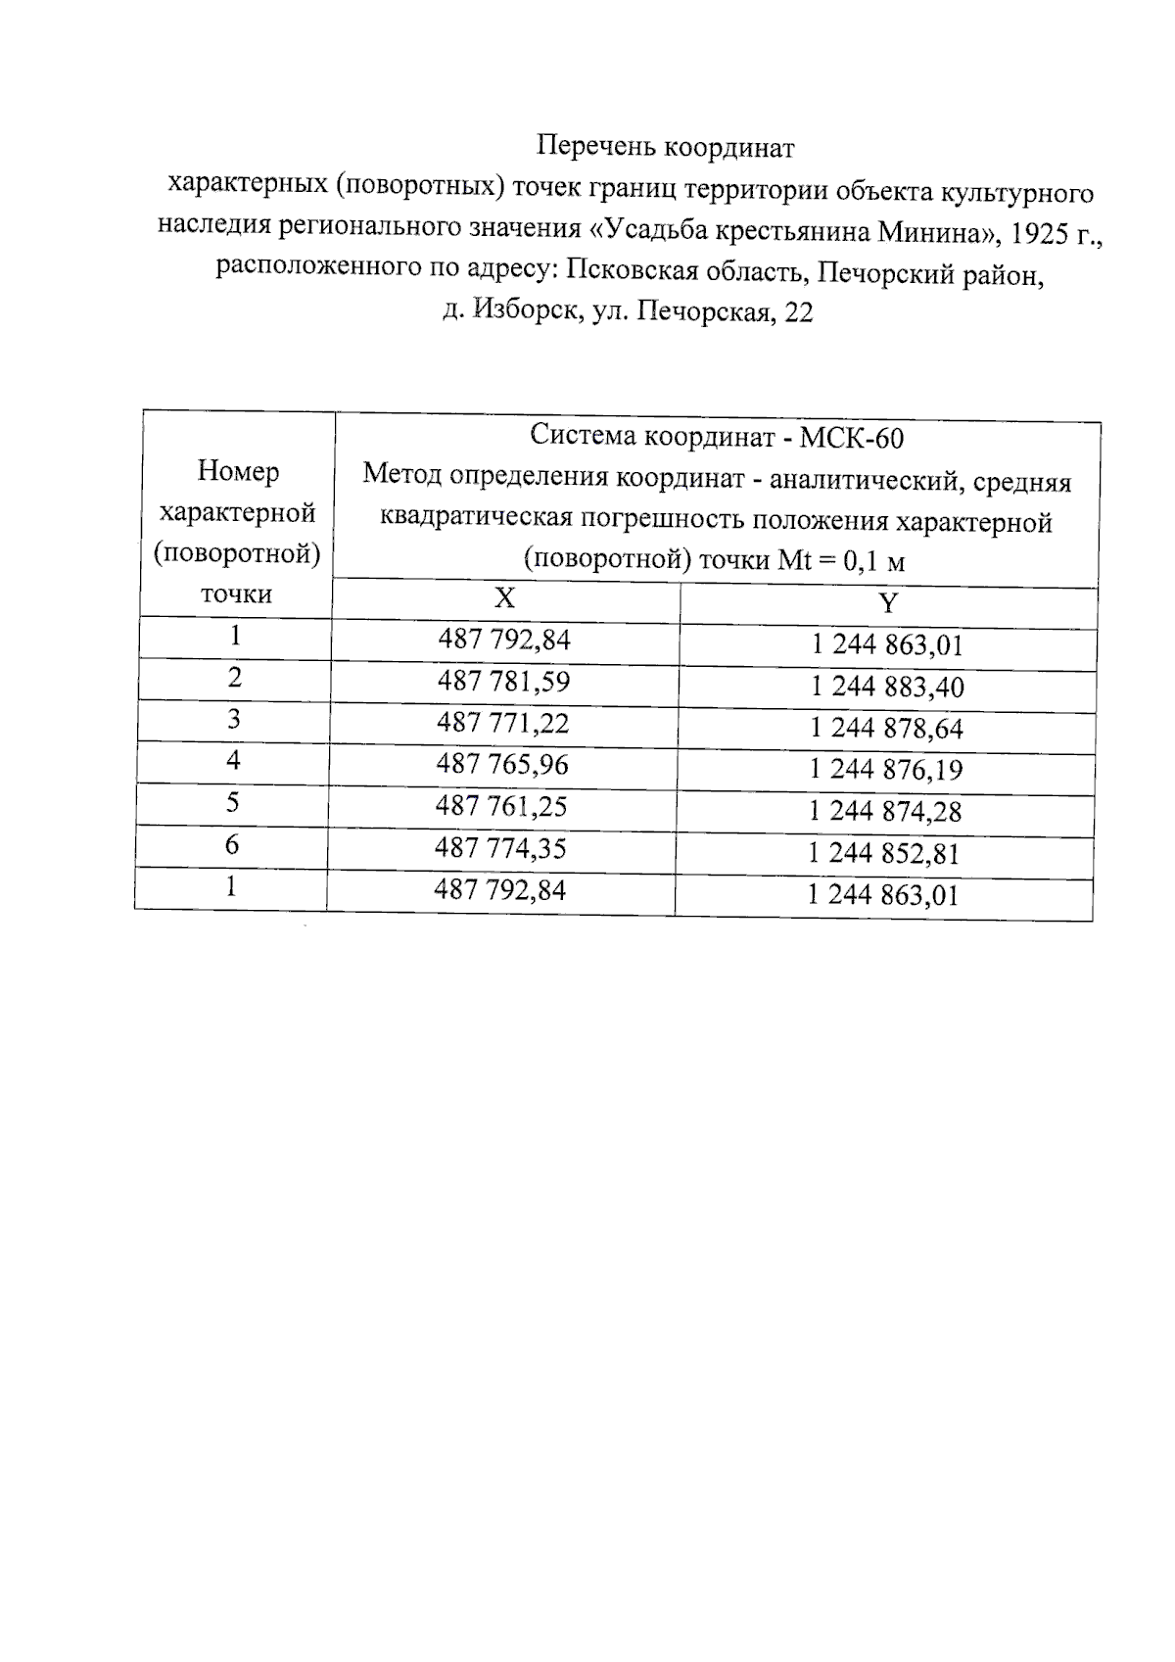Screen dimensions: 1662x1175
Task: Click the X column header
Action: coord(504,597)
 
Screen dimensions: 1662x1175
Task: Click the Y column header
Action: coord(887,603)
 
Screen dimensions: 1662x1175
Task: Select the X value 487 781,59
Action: coord(503,681)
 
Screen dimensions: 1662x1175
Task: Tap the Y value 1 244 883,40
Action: coord(887,687)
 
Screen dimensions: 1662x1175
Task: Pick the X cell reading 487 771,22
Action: coord(502,723)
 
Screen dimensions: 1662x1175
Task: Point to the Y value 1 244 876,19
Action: coord(886,770)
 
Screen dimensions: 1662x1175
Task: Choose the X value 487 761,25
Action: coord(501,806)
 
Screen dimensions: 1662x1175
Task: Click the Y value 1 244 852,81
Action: coord(884,853)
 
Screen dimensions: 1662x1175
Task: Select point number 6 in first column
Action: coord(232,844)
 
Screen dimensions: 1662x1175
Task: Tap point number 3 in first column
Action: coord(234,720)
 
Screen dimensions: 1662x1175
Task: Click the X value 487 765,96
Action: coord(502,764)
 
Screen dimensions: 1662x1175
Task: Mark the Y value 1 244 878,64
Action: coord(886,729)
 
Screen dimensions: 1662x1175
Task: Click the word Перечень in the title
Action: coord(596,147)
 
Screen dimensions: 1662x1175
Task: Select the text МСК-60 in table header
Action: coord(852,438)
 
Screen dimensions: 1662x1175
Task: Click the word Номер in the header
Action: coord(238,472)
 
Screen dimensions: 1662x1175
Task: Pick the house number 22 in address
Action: coord(798,313)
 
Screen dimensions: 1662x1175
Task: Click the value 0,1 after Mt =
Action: coord(861,561)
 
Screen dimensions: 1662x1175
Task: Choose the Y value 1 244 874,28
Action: coord(885,812)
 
